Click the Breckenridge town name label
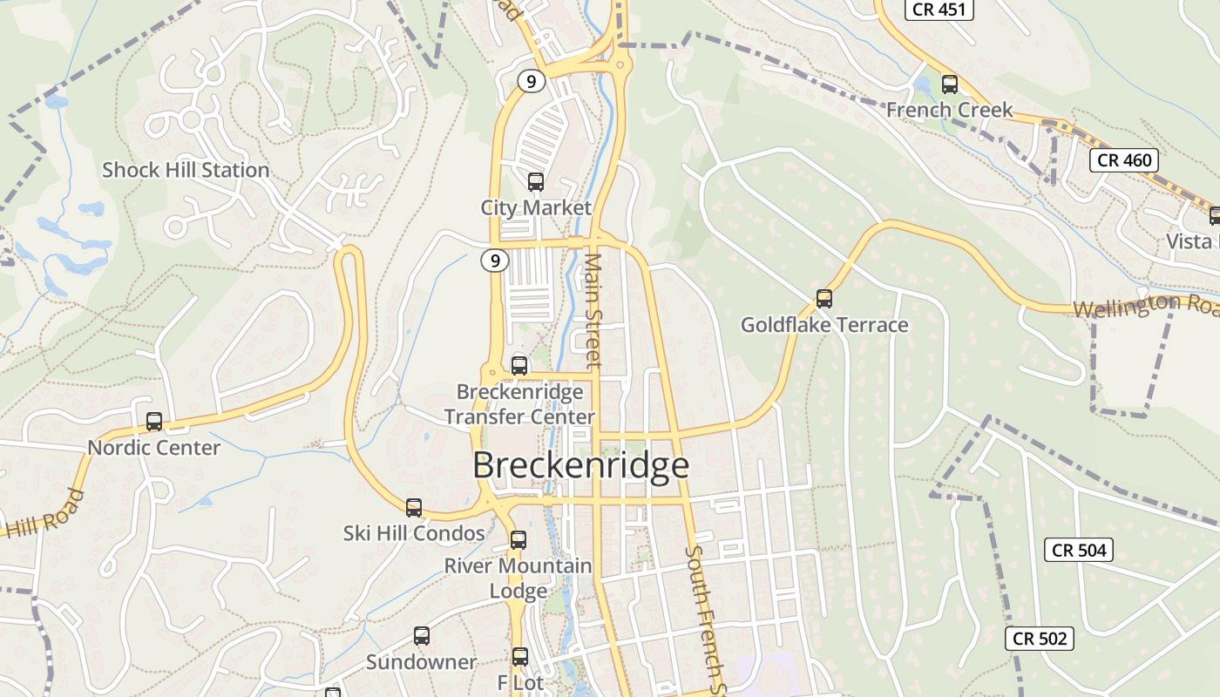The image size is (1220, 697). (580, 465)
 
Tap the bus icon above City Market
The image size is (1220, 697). (536, 182)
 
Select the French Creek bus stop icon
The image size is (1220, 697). (950, 85)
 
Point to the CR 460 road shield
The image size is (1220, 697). (1125, 160)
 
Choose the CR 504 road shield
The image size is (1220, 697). (1079, 550)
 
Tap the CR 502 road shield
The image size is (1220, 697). (1040, 639)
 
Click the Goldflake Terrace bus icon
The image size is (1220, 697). (824, 299)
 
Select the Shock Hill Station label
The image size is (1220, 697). (186, 170)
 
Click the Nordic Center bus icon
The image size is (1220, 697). (154, 422)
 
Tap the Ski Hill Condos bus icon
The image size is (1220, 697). (414, 507)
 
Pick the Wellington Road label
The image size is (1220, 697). (1145, 306)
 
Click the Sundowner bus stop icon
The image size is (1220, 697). (422, 636)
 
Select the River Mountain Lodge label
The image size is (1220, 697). (518, 578)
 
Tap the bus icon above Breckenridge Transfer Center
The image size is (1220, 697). (519, 366)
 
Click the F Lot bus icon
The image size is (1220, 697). (520, 657)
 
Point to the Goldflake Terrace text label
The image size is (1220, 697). (824, 325)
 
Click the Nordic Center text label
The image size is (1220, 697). (154, 448)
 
